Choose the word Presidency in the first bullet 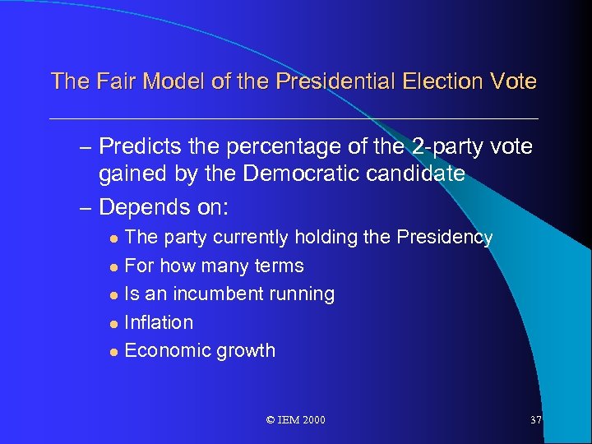444,238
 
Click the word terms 280,266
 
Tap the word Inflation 159,322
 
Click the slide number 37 536,420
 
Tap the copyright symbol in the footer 271,420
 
